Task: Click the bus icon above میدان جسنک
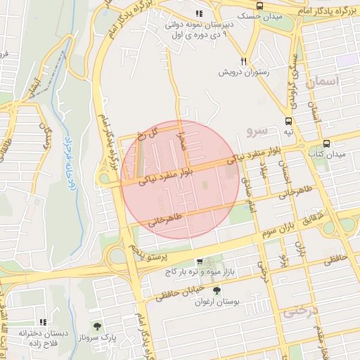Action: pyautogui.click(x=260, y=6)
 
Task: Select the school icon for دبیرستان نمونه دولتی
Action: pyautogui.click(x=200, y=13)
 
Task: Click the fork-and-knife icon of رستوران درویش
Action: pyautogui.click(x=244, y=61)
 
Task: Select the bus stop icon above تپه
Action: pyautogui.click(x=288, y=120)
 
